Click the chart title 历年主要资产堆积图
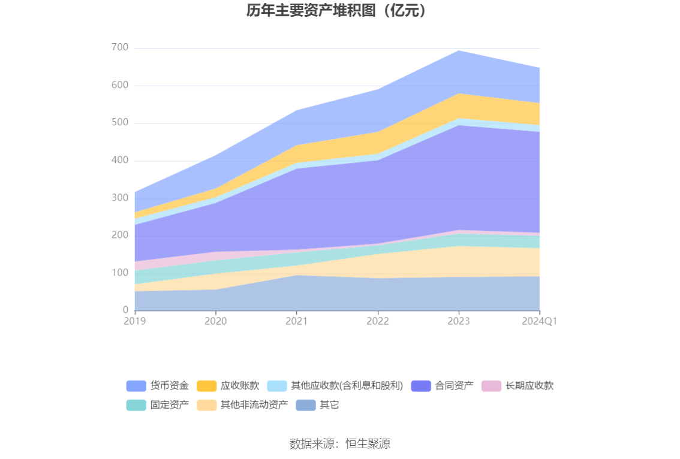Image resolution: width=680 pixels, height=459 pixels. coord(339,10)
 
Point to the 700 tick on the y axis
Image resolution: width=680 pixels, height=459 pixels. coord(120,47)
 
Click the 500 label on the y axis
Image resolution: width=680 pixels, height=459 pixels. coord(120,123)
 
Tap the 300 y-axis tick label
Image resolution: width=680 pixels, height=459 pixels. coord(120,198)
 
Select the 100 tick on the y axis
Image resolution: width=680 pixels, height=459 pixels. coord(120,273)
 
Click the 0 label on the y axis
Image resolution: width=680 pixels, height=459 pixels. coord(125,310)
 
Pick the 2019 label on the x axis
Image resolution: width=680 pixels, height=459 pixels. coord(135,321)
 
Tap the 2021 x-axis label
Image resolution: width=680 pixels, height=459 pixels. coord(297,321)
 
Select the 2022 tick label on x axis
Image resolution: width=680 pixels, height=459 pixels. coord(378,321)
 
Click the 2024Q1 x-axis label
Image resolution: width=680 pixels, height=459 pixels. coord(539,321)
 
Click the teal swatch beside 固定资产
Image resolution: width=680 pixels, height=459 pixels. coord(136,405)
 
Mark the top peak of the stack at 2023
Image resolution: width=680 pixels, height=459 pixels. coord(459,50)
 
